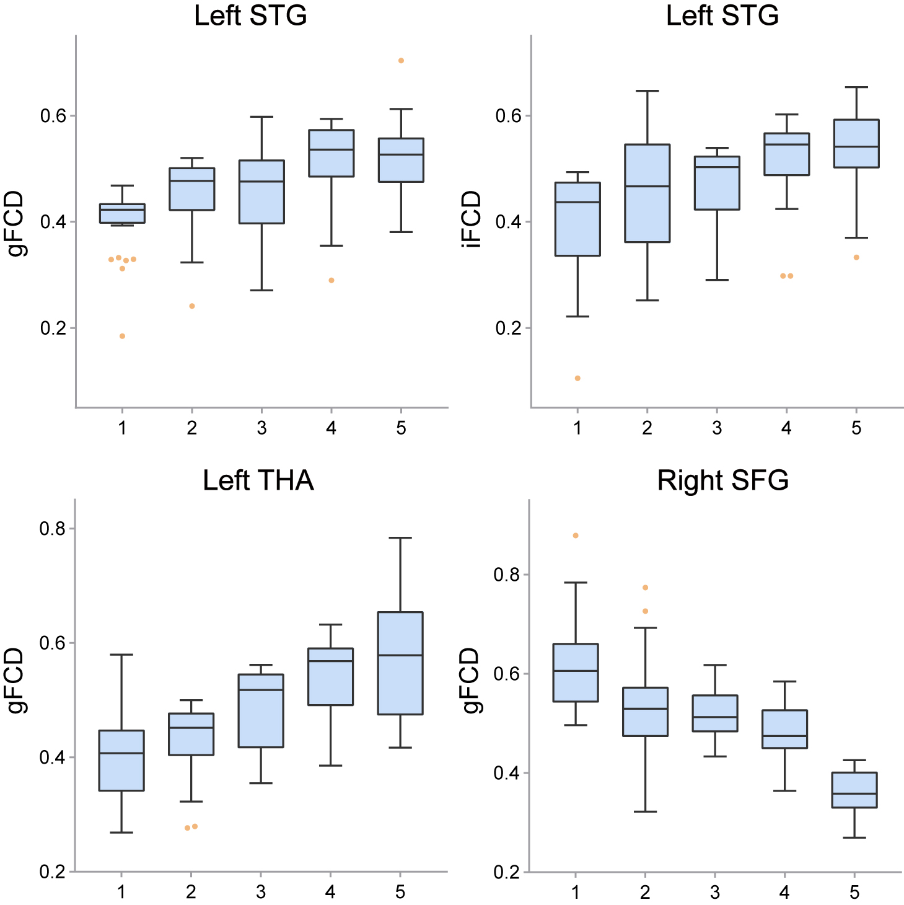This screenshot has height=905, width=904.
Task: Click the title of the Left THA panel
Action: click(x=258, y=480)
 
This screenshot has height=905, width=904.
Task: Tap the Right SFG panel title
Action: click(x=722, y=480)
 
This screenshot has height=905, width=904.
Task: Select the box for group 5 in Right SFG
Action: click(x=854, y=790)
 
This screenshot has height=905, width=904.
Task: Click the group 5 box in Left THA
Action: click(x=400, y=663)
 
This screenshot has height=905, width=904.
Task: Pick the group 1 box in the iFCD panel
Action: click(x=577, y=219)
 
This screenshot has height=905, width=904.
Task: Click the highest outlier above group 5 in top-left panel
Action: click(x=401, y=61)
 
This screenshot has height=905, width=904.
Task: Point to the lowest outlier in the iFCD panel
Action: click(x=577, y=378)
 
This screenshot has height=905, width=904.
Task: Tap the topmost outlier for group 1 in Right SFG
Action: click(x=576, y=536)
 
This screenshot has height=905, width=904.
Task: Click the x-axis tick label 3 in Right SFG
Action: click(x=715, y=893)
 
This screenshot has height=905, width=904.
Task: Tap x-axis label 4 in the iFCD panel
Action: click(x=787, y=428)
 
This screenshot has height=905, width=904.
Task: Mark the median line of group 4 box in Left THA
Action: click(x=331, y=661)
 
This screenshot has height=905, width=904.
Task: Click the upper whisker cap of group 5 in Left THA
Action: click(x=400, y=538)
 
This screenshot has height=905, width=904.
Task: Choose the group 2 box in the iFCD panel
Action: click(x=647, y=193)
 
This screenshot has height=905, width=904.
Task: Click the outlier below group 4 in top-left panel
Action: click(x=331, y=280)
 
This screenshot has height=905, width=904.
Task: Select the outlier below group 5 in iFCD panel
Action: click(x=856, y=257)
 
